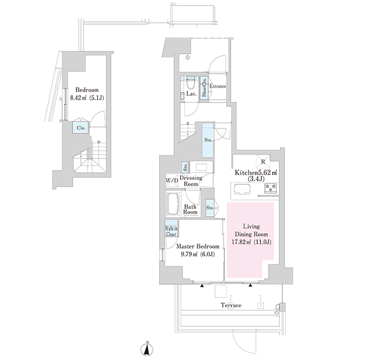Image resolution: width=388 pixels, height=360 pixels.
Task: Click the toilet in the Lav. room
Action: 191,83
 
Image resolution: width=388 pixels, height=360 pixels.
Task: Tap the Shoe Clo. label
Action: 205,88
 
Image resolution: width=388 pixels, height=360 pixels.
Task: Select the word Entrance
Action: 218,86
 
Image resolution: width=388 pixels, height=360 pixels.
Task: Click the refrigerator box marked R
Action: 263,162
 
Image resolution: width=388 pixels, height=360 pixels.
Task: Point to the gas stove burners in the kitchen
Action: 271,188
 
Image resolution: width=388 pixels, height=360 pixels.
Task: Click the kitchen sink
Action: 242,190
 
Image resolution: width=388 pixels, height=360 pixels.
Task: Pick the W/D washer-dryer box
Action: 172,180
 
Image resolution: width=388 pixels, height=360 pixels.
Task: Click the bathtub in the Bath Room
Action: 173,204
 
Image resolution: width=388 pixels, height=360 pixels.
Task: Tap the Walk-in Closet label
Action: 171,231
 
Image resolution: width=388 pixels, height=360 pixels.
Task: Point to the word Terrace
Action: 231,305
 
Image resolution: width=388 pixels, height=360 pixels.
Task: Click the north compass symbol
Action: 147,349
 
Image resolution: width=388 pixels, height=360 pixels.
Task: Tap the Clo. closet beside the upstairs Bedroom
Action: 81,128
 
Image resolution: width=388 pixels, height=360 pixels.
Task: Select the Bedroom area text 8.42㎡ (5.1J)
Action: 87,98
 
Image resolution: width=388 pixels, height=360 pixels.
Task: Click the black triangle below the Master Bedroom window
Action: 202,286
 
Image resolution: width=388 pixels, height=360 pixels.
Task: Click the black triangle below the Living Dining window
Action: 251,286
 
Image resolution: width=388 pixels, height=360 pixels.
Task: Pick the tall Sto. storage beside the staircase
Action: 208,140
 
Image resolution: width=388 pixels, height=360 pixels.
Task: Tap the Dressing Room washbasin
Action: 201,167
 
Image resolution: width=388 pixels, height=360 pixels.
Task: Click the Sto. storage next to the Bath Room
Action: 210,208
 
